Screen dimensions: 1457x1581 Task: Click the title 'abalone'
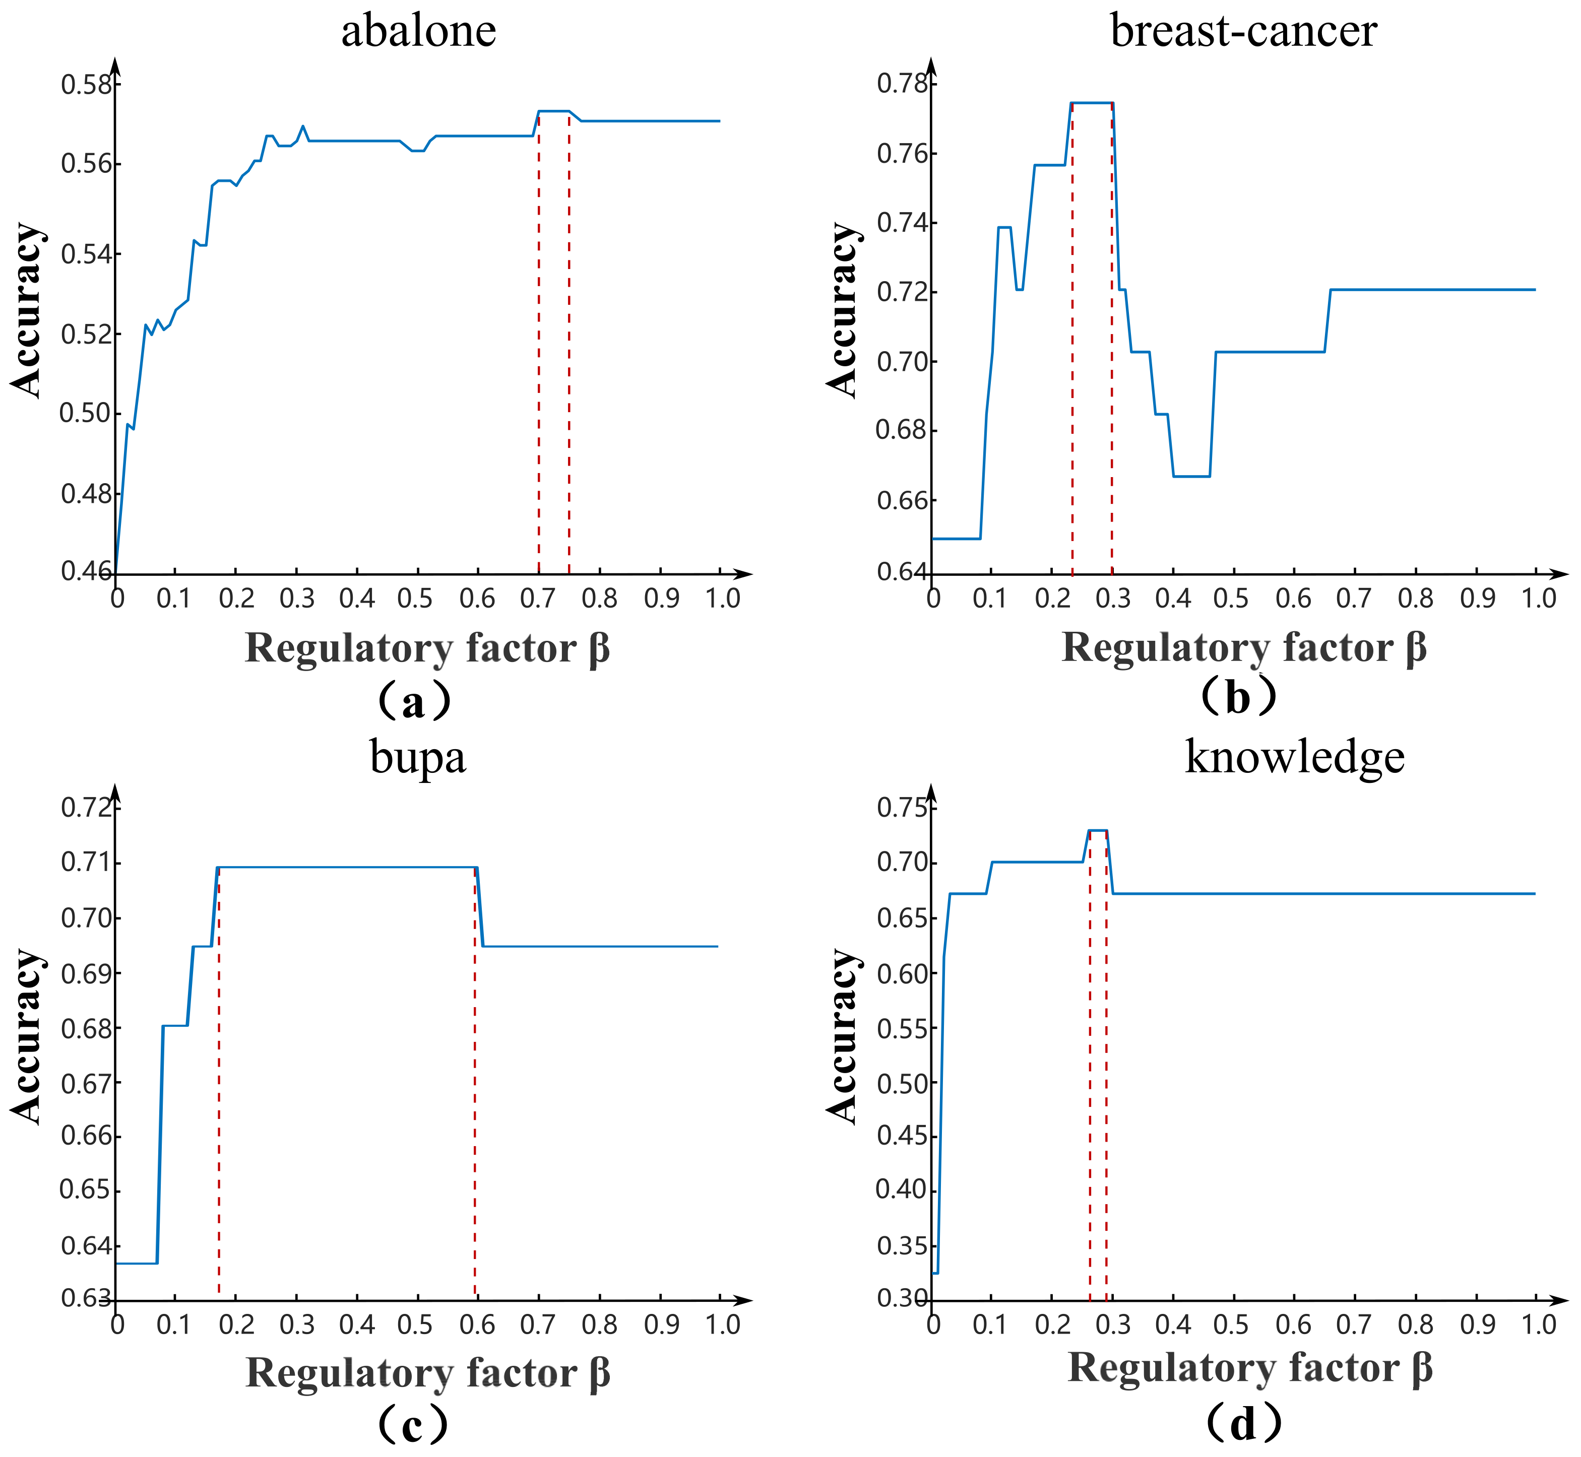click(x=419, y=32)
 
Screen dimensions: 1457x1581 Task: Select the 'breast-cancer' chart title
click(x=1243, y=32)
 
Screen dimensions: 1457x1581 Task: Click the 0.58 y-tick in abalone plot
click(x=87, y=84)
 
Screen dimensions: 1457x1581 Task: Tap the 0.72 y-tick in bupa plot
click(x=87, y=808)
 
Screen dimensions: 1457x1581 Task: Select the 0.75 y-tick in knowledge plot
click(x=902, y=808)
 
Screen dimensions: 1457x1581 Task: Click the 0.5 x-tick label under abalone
click(x=416, y=599)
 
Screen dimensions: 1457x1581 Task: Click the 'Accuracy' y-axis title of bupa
click(x=28, y=1037)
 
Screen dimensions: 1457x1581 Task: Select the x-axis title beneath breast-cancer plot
click(x=1243, y=648)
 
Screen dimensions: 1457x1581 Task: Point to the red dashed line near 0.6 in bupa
click(x=475, y=1088)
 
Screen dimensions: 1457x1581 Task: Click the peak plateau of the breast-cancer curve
click(x=1092, y=102)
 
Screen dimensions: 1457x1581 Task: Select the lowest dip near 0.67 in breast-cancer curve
click(x=1191, y=476)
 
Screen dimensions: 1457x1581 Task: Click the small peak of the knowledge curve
click(x=1098, y=830)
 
